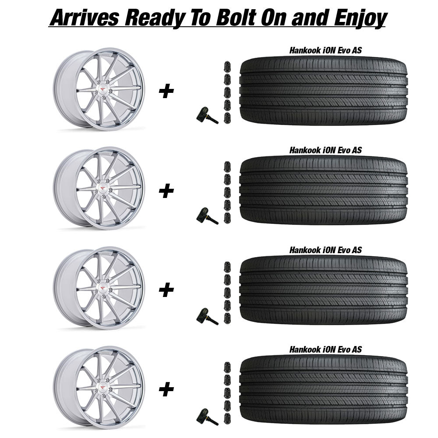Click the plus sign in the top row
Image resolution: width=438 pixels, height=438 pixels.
pyautogui.click(x=166, y=92)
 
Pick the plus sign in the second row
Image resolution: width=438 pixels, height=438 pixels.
pyautogui.click(x=166, y=191)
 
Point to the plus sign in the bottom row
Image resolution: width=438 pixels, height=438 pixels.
pyautogui.click(x=166, y=389)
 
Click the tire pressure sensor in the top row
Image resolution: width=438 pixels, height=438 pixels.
pyautogui.click(x=207, y=115)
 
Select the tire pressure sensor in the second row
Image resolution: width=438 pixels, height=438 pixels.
pyautogui.click(x=207, y=215)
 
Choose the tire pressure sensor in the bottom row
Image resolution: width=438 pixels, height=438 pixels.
pyautogui.click(x=207, y=417)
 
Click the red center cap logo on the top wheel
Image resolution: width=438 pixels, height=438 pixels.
pyautogui.click(x=103, y=89)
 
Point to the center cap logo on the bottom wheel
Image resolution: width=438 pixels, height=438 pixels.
pyautogui.click(x=103, y=388)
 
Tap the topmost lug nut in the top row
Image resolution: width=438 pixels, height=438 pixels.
pyautogui.click(x=227, y=67)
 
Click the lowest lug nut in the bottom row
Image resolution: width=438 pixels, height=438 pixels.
pyautogui.click(x=227, y=418)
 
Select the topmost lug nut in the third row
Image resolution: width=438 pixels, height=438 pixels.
pyautogui.click(x=227, y=267)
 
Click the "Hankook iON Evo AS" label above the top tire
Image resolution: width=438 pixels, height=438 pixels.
pyautogui.click(x=325, y=50)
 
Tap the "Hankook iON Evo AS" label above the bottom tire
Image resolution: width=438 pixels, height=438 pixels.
pyautogui.click(x=325, y=349)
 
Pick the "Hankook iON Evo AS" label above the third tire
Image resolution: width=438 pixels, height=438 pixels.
pyautogui.click(x=325, y=250)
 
